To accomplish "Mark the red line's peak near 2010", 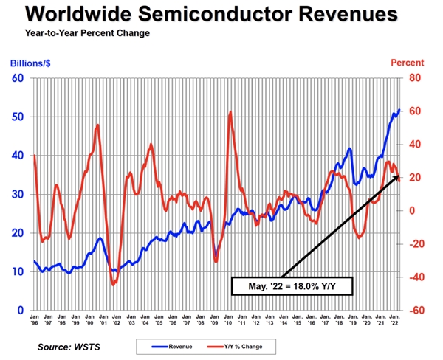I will tap(230, 112).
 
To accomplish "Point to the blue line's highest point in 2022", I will tap(399, 110).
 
